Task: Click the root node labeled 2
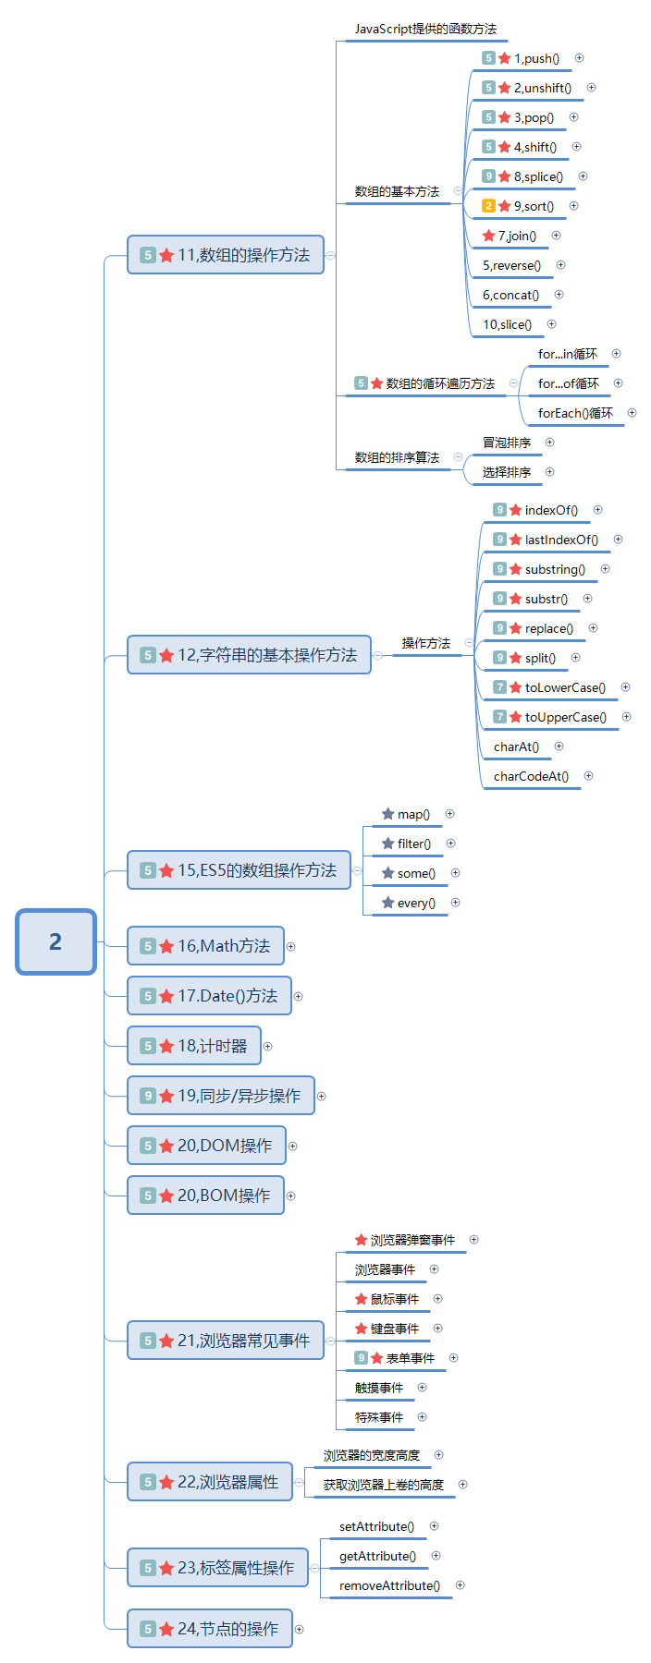(55, 941)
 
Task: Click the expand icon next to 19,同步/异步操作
(322, 1097)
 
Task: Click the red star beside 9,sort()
(505, 206)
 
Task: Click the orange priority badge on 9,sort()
(489, 206)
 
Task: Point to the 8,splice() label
(538, 176)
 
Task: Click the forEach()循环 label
(575, 413)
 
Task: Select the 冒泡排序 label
(507, 443)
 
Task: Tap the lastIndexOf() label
(561, 540)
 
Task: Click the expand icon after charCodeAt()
(589, 776)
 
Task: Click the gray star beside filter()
(388, 844)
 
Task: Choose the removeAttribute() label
(389, 1585)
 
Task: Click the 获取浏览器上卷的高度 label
(384, 1485)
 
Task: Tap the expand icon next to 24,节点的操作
(300, 1630)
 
